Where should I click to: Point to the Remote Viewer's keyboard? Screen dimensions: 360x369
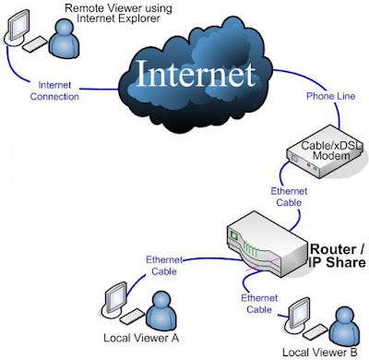38,45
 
